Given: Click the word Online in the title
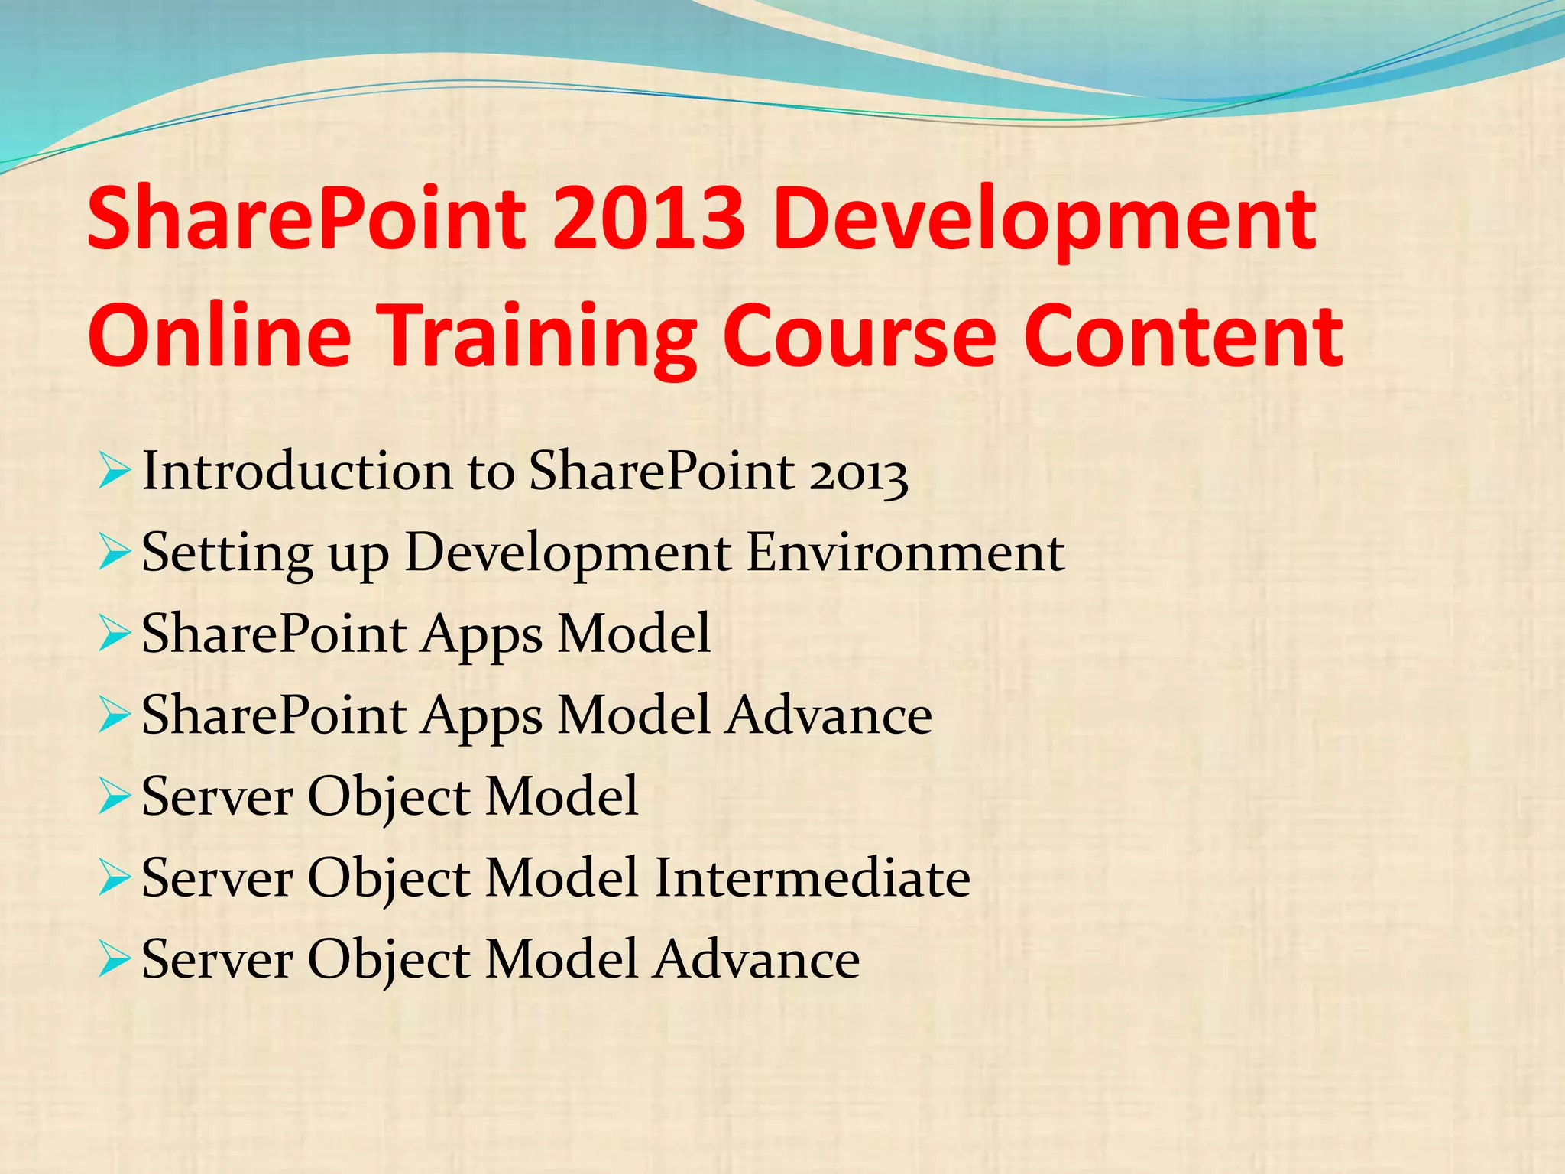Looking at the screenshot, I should pyautogui.click(x=220, y=336).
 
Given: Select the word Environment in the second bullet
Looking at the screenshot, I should pyautogui.click(x=905, y=553).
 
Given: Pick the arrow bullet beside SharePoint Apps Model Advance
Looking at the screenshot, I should pyautogui.click(x=114, y=717).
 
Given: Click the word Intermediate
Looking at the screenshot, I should pyautogui.click(x=812, y=878).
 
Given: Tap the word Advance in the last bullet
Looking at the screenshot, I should pyautogui.click(x=757, y=960).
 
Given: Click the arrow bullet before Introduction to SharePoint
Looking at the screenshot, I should pyautogui.click(x=114, y=472).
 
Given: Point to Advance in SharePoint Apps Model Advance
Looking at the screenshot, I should pyautogui.click(x=828, y=716).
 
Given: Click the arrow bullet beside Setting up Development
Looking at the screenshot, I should pyautogui.click(x=114, y=553).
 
